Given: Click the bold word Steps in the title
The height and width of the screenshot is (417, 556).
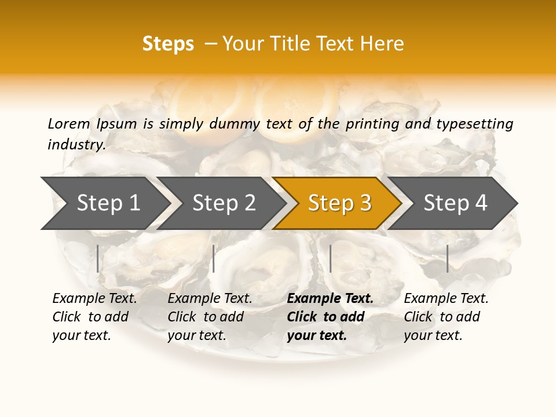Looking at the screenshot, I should [x=168, y=44].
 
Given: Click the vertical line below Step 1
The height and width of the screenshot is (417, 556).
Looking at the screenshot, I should [x=98, y=258].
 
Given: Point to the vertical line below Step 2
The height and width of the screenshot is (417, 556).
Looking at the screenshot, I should [x=214, y=258].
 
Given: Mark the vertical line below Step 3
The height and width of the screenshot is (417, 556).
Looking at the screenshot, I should [x=330, y=258].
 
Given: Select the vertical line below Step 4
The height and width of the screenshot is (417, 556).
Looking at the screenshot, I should [x=448, y=258].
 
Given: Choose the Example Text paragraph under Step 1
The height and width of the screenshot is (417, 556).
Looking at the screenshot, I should [x=94, y=317].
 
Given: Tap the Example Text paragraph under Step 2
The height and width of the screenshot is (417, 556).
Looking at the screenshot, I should [x=210, y=317].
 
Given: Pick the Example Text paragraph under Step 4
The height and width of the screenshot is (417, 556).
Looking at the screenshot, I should [x=446, y=317].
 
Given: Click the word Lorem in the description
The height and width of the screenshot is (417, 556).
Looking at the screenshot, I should [x=69, y=124].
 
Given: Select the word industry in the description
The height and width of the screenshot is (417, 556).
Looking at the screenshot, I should [x=76, y=145].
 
